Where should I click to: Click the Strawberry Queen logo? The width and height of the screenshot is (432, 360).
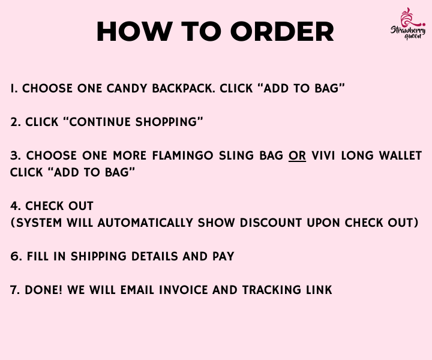pyautogui.click(x=408, y=23)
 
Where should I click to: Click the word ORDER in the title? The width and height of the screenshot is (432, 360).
pyautogui.click(x=282, y=32)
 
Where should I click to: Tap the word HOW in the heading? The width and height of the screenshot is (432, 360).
pyautogui.click(x=135, y=32)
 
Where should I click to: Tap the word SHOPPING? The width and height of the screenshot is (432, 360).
pyautogui.click(x=166, y=122)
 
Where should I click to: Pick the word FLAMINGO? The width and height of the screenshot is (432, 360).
pyautogui.click(x=182, y=155)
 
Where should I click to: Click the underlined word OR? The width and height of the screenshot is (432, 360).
pyautogui.click(x=297, y=155)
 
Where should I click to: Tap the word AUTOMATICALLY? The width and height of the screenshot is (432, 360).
pyautogui.click(x=145, y=223)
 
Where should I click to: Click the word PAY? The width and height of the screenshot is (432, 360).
pyautogui.click(x=223, y=256)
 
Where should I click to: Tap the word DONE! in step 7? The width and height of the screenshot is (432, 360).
pyautogui.click(x=44, y=290)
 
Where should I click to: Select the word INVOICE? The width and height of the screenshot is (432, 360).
pyautogui.click(x=183, y=290)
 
